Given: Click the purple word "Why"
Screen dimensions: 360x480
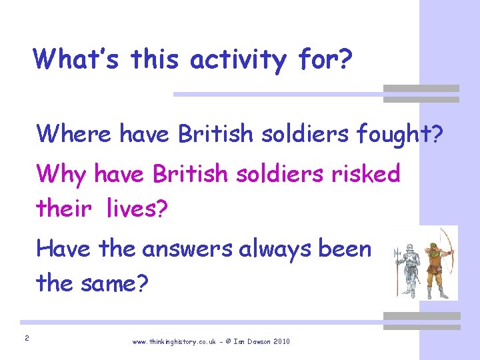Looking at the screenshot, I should pyautogui.click(x=61, y=175).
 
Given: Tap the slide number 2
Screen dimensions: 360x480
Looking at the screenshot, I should pyautogui.click(x=26, y=339).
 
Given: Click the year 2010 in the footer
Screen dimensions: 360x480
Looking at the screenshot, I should pyautogui.click(x=282, y=341).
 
